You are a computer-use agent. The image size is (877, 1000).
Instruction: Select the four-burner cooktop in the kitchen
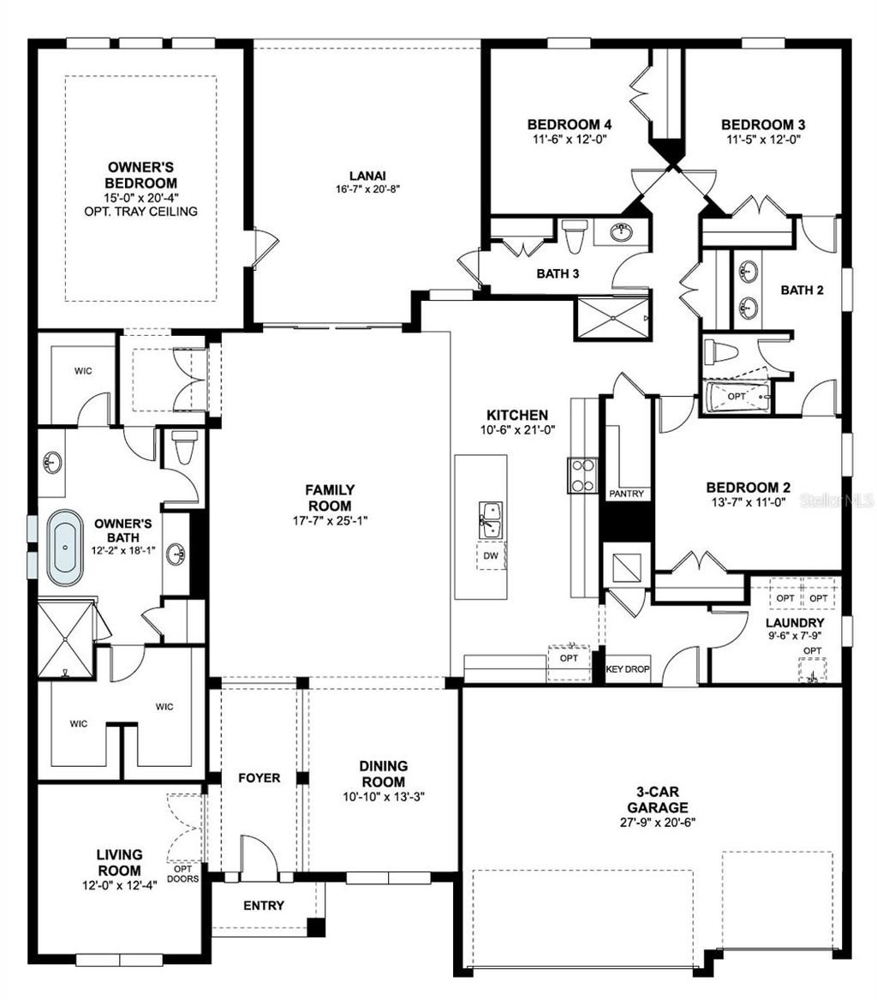point(582,476)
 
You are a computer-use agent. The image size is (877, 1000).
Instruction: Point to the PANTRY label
point(626,494)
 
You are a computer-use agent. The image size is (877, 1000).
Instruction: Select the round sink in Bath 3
point(623,231)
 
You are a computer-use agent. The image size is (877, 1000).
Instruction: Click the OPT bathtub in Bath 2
point(737,398)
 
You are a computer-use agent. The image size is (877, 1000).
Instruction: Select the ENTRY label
point(264,906)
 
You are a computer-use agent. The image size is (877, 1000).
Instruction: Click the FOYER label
point(259,778)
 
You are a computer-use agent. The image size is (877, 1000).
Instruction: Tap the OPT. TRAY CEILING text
point(142,212)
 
